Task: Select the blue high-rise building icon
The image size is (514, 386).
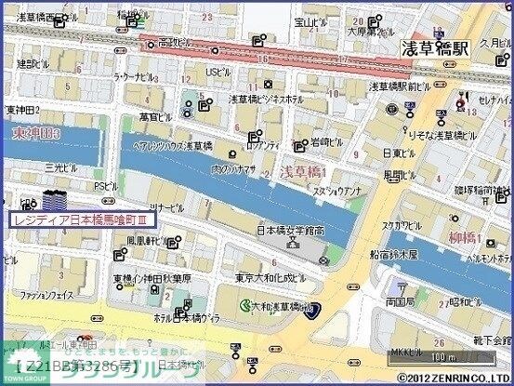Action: pyautogui.click(x=54, y=199)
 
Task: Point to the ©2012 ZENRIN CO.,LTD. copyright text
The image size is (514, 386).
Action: pyautogui.click(x=454, y=379)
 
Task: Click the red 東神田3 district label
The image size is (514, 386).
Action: pyautogui.click(x=34, y=136)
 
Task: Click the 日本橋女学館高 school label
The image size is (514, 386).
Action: pyautogui.click(x=290, y=230)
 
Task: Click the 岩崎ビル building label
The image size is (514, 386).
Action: pyautogui.click(x=328, y=142)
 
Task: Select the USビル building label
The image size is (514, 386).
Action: pyautogui.click(x=217, y=72)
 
